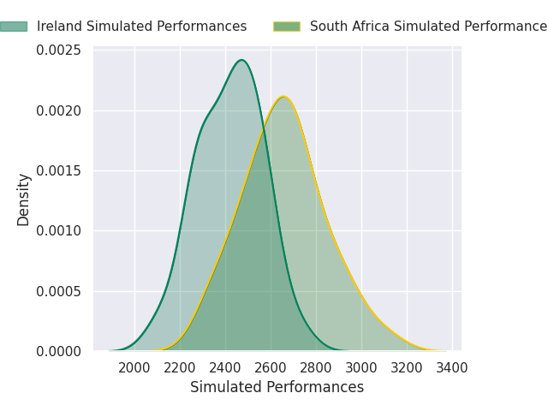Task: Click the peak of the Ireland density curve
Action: click(x=241, y=60)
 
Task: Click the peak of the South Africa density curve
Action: click(x=284, y=97)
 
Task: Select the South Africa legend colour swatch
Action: click(x=287, y=27)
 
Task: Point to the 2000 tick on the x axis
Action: click(x=134, y=368)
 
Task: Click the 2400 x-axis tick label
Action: click(x=225, y=368)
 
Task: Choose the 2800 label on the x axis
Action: click(x=316, y=368)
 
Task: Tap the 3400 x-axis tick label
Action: click(x=452, y=368)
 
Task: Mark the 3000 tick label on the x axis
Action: click(x=361, y=368)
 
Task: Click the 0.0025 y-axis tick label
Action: click(x=58, y=51)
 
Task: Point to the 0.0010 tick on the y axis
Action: click(x=58, y=231)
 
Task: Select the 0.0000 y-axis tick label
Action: click(x=58, y=352)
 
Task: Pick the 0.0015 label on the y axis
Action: click(x=58, y=171)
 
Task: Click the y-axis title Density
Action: click(x=24, y=200)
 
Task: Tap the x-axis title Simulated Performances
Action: click(x=277, y=388)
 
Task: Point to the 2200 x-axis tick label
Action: click(x=180, y=368)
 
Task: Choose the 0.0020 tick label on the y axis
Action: click(x=58, y=110)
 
